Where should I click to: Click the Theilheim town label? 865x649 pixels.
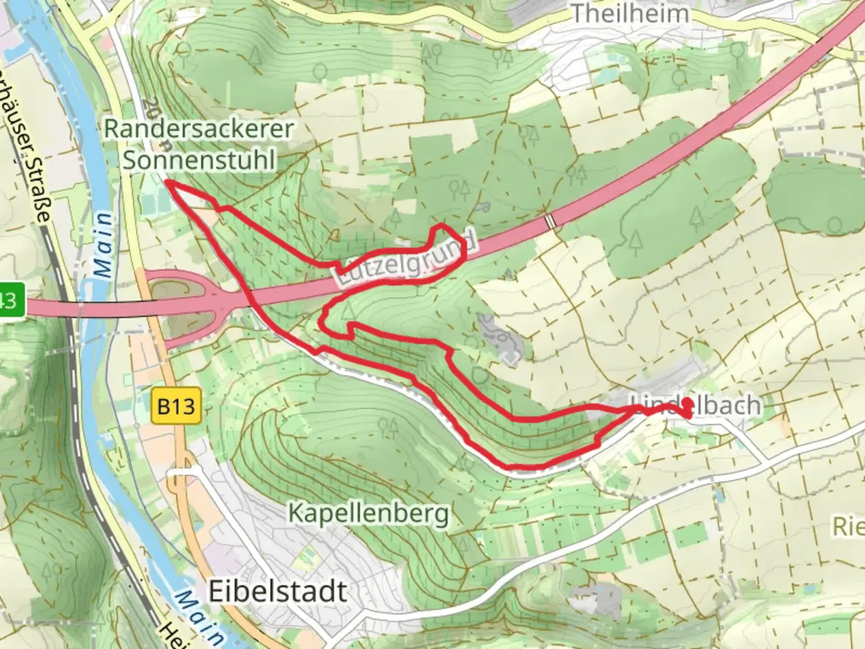(x=629, y=13)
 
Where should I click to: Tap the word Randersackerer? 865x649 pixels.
(x=199, y=128)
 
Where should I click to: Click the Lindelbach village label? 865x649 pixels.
(x=696, y=405)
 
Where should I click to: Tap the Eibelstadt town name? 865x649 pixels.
(x=278, y=592)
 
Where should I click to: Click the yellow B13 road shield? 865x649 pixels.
(x=176, y=407)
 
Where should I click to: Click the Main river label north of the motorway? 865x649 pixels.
(x=103, y=245)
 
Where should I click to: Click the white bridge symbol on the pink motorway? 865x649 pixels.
(x=550, y=221)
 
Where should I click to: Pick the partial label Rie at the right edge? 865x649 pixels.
(x=848, y=527)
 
